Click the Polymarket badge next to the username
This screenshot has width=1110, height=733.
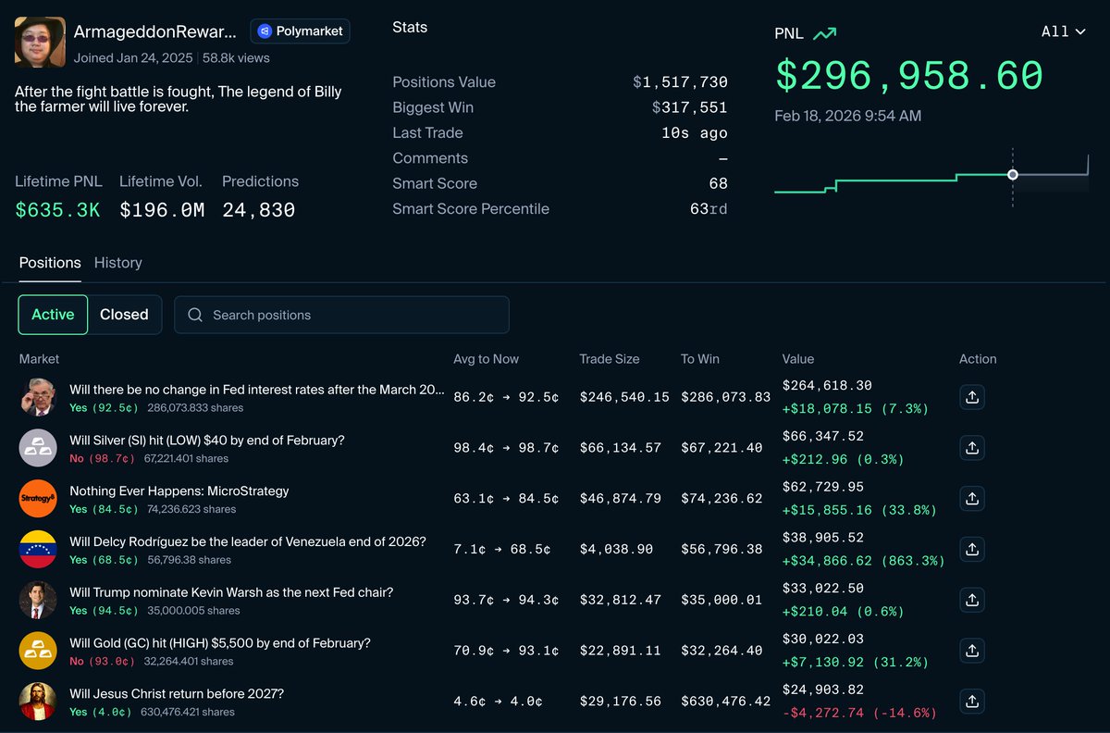[300, 31]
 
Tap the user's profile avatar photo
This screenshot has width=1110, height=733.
[40, 42]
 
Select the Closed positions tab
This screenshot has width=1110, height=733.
[124, 315]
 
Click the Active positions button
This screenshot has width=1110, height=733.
[53, 315]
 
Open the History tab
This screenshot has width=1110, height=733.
[118, 263]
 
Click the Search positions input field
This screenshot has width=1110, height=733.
[341, 315]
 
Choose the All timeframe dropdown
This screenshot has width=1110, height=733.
[1063, 31]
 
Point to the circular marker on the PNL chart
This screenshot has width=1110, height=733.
[1013, 175]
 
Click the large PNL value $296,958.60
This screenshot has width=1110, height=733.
[908, 76]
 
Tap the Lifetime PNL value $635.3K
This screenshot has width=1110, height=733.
[57, 210]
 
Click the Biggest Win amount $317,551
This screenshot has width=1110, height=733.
[689, 108]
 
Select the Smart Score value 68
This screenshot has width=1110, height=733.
[718, 184]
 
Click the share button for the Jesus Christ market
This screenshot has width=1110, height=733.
[971, 702]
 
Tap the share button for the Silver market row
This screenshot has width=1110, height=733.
[971, 448]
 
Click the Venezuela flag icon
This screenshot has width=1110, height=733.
[38, 550]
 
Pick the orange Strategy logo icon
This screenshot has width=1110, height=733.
[38, 499]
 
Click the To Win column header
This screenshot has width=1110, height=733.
[699, 359]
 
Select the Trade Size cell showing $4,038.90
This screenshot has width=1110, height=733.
[616, 550]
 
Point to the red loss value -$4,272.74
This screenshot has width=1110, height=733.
[859, 713]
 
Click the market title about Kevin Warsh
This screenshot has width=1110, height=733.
[231, 592]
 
